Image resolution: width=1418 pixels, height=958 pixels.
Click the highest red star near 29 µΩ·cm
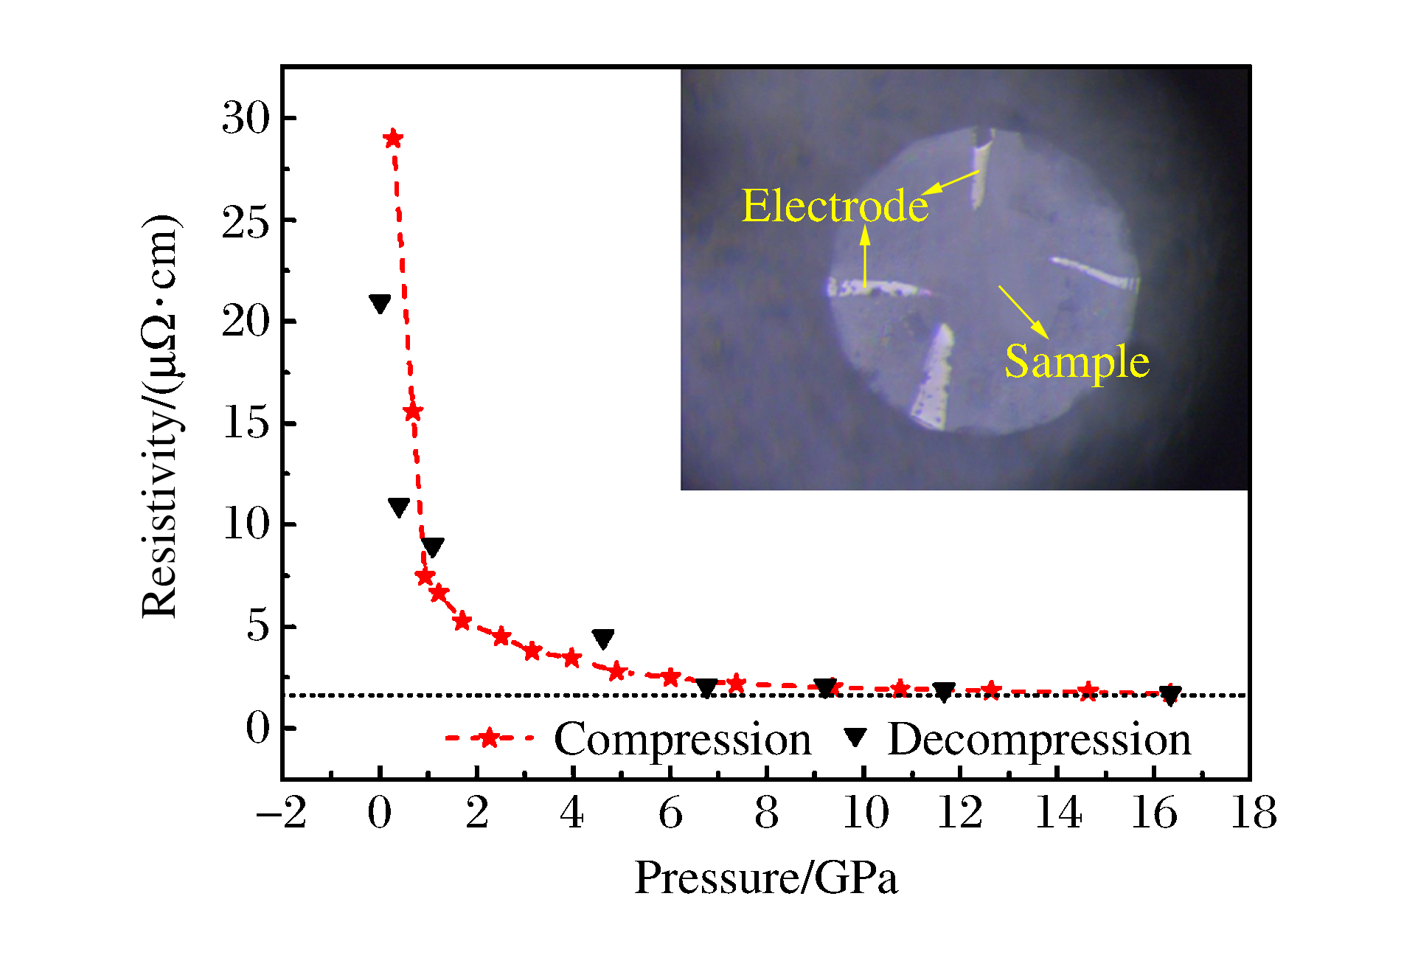pyautogui.click(x=393, y=139)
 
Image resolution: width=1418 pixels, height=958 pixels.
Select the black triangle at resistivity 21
pyautogui.click(x=380, y=303)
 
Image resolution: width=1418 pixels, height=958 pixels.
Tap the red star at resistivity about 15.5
pyautogui.click(x=413, y=412)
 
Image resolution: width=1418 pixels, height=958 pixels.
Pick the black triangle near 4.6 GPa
pyautogui.click(x=603, y=639)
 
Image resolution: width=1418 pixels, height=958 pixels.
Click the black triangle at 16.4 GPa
pyautogui.click(x=1170, y=695)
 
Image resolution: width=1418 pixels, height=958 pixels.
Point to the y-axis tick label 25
pyautogui.click(x=246, y=221)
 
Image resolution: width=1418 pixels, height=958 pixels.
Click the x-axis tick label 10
pyautogui.click(x=865, y=813)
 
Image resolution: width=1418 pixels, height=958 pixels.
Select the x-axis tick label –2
pyautogui.click(x=281, y=813)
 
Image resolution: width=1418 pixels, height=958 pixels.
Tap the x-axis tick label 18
pyautogui.click(x=1253, y=813)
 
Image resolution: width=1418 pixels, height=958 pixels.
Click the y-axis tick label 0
pyautogui.click(x=259, y=728)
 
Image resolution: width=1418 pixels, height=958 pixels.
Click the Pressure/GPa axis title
pyautogui.click(x=766, y=878)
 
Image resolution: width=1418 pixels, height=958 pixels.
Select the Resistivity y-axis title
pyautogui.click(x=161, y=417)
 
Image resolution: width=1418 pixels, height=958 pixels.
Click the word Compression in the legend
pyautogui.click(x=682, y=739)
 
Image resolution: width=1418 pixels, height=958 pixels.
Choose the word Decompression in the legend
pyautogui.click(x=1039, y=739)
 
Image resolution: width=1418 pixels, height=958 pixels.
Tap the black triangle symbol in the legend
pyautogui.click(x=855, y=737)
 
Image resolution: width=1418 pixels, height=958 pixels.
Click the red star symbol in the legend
pyautogui.click(x=489, y=737)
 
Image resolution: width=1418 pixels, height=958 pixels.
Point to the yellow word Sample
pyautogui.click(x=1077, y=361)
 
